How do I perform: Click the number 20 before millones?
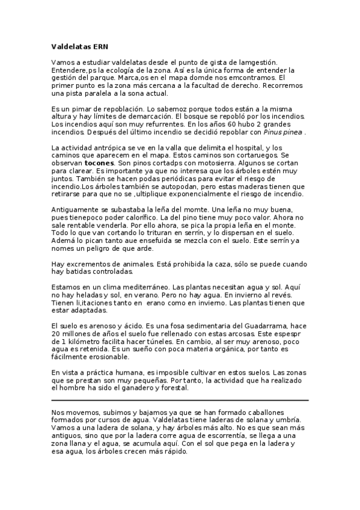[56, 333]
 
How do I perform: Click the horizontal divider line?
[180, 399]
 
